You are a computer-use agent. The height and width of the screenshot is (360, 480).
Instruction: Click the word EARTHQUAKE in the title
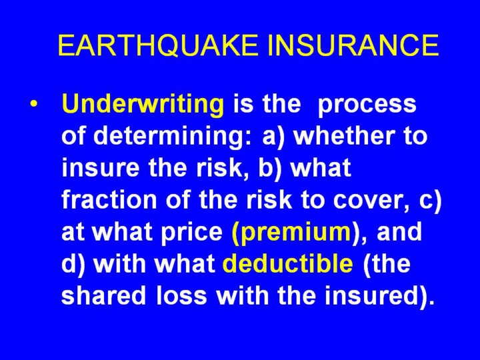(158, 45)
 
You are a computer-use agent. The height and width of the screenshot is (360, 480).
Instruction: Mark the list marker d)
(73, 264)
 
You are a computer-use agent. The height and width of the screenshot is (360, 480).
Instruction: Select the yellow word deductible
(288, 263)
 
